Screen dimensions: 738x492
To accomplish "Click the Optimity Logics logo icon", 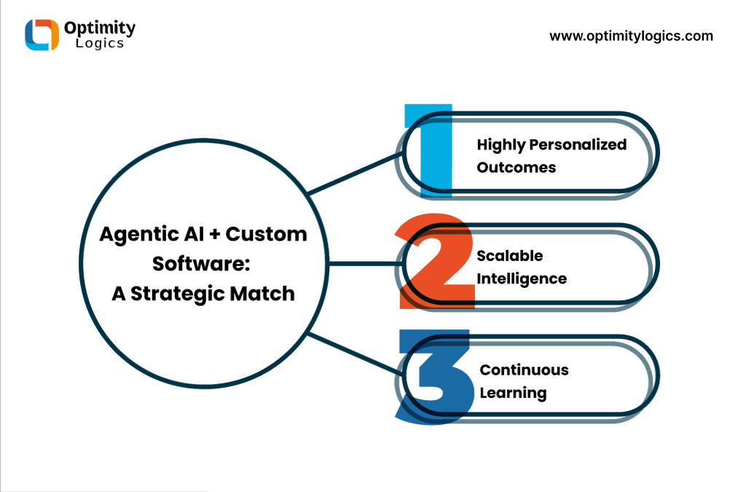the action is (x=42, y=34).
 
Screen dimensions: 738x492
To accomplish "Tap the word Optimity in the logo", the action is (x=99, y=28).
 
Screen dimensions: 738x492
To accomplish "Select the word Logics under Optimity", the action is (x=100, y=43).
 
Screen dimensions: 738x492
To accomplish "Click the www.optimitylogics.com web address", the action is (x=631, y=36).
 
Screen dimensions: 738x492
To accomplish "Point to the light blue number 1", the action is (x=429, y=149).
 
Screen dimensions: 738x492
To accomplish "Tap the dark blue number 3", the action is (x=434, y=377).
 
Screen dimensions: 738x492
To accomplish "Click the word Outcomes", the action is (x=517, y=167).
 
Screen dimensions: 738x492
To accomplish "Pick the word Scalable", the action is (x=510, y=255).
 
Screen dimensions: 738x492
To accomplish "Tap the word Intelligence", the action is (x=522, y=278).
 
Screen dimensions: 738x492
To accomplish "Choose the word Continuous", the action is (x=524, y=370).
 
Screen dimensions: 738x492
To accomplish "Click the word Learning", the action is (x=513, y=393).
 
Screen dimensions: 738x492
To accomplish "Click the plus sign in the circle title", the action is (x=215, y=234).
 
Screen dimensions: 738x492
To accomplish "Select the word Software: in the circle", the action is (x=201, y=264).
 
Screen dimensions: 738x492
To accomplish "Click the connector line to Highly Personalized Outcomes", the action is (x=355, y=173).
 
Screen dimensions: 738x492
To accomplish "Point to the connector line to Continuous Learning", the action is (x=355, y=354).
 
